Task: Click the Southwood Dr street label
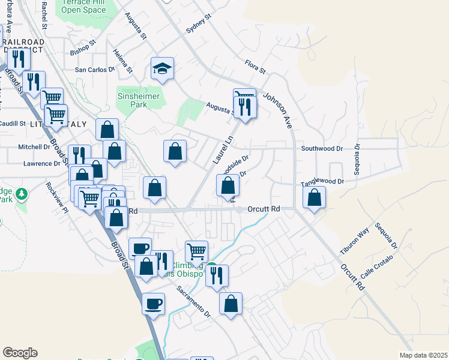[x=321, y=148]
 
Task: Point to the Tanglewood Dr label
[x=322, y=181]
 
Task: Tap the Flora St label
[x=255, y=66]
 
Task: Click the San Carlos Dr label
[x=94, y=70]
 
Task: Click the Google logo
[x=20, y=353]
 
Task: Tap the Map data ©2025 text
[x=423, y=355]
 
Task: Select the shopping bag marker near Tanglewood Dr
[x=314, y=197]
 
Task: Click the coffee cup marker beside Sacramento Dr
[x=153, y=303]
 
